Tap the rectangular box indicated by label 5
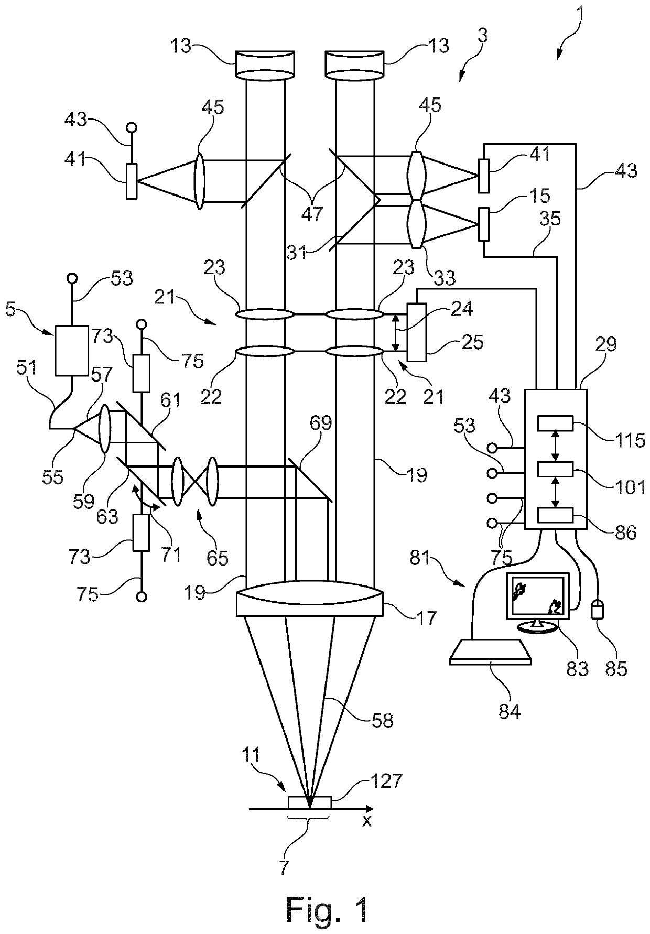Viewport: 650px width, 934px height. click(71, 351)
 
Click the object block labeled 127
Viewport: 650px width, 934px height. click(310, 802)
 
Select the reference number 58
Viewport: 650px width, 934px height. click(382, 720)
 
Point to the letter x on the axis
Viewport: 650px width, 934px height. click(367, 821)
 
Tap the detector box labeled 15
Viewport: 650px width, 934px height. click(484, 225)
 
